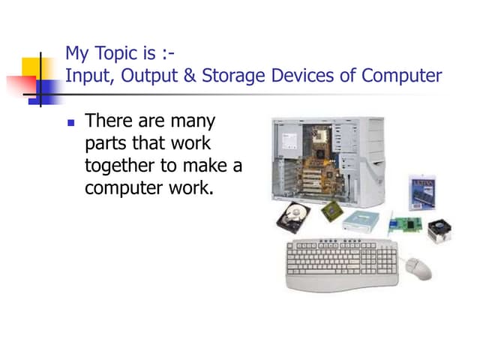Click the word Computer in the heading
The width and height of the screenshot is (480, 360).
402,76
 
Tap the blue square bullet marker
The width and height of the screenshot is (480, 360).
72,122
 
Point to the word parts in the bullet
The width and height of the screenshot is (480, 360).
106,142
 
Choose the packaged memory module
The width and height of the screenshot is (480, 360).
424,193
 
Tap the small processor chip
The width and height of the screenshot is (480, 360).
331,212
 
